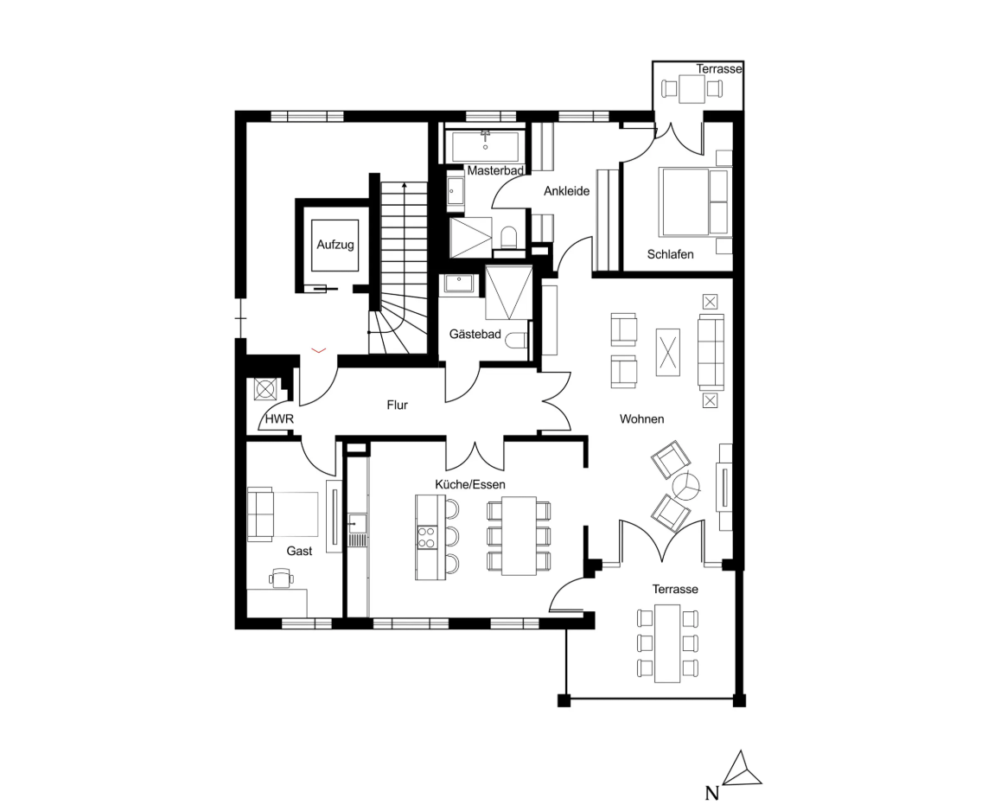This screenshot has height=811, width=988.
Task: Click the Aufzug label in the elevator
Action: (x=335, y=246)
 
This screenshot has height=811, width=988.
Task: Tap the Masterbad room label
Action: (x=495, y=171)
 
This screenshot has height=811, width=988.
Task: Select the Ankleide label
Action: (x=566, y=191)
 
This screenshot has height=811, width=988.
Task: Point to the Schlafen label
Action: (x=670, y=254)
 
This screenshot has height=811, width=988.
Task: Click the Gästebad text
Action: (x=475, y=334)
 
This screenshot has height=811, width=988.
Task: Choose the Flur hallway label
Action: (x=397, y=404)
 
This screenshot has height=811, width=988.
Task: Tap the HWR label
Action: (x=279, y=419)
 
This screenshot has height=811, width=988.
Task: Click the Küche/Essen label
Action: (x=470, y=484)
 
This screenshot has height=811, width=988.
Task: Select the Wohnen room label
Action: (x=641, y=419)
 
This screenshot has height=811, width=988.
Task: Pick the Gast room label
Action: (x=299, y=551)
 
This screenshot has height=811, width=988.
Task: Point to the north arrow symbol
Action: (x=743, y=769)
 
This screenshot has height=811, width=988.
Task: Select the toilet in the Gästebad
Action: (x=517, y=340)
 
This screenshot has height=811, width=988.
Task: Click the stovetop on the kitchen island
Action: (x=425, y=538)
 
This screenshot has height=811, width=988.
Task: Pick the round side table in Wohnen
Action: (x=688, y=487)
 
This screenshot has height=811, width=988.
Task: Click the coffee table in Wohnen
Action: (x=668, y=353)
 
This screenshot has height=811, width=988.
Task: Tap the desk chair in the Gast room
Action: (x=280, y=578)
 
